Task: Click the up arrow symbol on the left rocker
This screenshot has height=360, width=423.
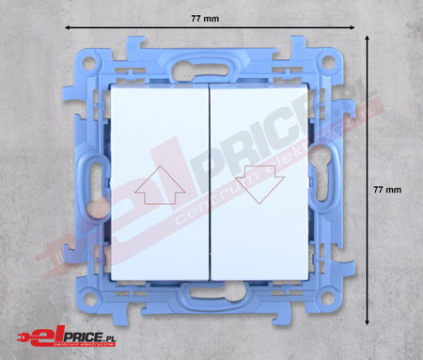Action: coord(160,185)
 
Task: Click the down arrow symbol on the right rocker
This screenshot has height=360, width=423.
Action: coord(259,184)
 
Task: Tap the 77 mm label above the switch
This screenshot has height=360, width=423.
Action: coord(205,19)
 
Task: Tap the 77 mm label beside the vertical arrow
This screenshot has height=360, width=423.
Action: coord(387,190)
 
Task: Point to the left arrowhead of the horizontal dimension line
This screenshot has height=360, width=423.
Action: coord(67,27)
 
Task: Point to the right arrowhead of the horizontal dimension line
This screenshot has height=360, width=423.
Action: coord(352,27)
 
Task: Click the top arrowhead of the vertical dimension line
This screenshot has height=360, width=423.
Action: coord(368,38)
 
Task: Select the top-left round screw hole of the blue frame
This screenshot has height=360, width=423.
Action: coord(89,64)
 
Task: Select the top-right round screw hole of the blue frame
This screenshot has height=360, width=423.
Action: coord(329,62)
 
